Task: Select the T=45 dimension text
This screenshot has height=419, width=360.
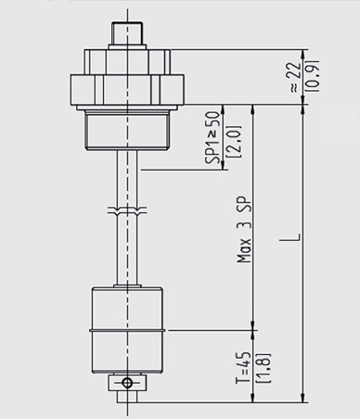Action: tap(239, 365)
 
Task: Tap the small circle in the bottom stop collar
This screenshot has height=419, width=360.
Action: tap(129, 381)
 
